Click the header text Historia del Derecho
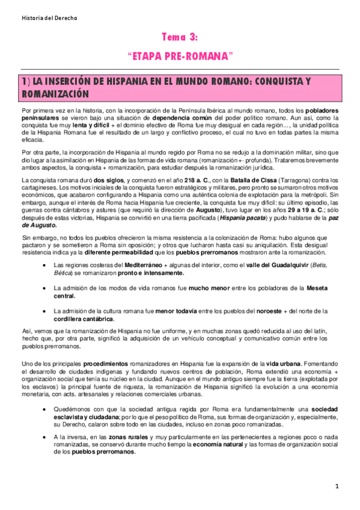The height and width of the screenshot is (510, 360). (x=49, y=18)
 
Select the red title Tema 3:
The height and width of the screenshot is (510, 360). (x=180, y=37)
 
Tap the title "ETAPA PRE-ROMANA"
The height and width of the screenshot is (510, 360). (x=180, y=56)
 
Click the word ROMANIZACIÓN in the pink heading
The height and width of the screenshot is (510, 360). (x=55, y=94)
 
